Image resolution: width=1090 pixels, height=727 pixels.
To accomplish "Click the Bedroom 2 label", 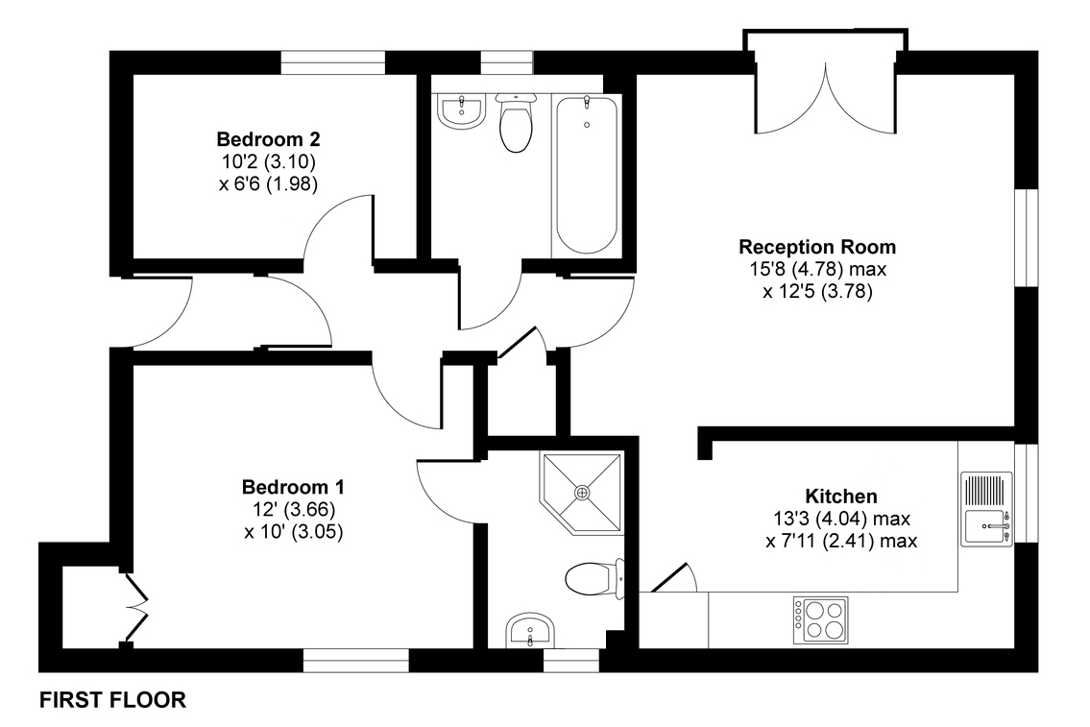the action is [268, 139].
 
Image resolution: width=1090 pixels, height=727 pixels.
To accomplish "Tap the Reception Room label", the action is [817, 247].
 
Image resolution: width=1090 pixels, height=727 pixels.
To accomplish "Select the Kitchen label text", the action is [841, 497].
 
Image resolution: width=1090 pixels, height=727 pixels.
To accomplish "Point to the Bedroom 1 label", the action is [293, 487].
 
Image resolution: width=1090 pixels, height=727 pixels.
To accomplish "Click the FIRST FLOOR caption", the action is [112, 700].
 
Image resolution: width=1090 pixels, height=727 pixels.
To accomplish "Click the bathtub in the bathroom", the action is [587, 175].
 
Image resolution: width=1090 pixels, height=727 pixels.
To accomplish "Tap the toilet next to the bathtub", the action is [516, 123].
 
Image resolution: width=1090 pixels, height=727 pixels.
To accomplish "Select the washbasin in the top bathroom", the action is [461, 112].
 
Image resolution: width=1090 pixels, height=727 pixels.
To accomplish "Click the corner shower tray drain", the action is [581, 492].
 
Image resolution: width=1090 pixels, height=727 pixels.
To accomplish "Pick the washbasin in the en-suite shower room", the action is [530, 630].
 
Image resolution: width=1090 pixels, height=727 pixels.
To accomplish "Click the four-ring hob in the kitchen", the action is [820, 619].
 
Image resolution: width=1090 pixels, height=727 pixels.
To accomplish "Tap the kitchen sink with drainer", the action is [987, 508].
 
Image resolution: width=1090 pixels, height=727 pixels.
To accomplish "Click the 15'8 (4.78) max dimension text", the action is [818, 269].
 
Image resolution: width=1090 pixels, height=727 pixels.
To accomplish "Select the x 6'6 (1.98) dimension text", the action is [268, 184].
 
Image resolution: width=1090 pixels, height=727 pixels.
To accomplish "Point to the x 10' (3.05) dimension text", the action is [293, 532].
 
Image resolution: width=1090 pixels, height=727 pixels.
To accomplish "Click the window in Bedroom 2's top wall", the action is [333, 61].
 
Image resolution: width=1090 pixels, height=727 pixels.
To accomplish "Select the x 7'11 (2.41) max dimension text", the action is [841, 541].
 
